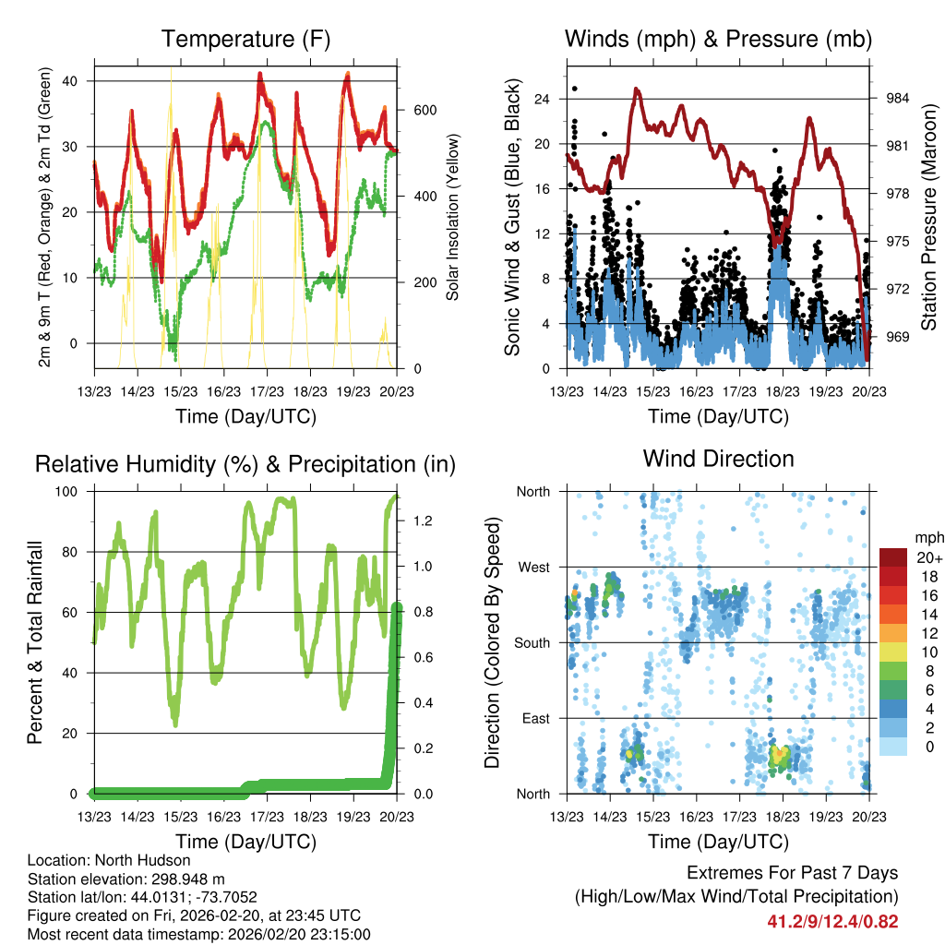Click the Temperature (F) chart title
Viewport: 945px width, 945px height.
(x=245, y=39)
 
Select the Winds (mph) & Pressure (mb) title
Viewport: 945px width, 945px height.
(x=718, y=39)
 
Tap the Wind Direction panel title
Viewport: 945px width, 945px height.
(x=718, y=458)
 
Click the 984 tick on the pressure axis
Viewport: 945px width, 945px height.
(x=897, y=99)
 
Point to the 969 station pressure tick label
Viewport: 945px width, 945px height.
(x=897, y=337)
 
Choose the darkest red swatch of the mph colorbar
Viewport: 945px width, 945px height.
(x=892, y=556)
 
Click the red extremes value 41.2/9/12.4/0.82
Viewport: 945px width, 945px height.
(x=832, y=921)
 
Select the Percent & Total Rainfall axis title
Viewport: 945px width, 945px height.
(x=34, y=642)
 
